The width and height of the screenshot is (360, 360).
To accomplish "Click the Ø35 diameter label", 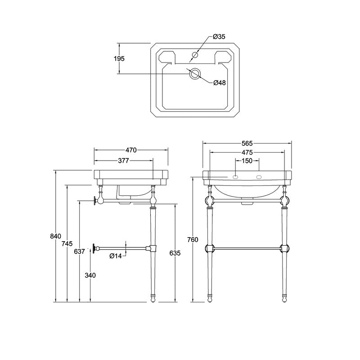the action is coord(219,36).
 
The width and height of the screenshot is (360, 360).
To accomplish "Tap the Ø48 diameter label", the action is coord(220,83).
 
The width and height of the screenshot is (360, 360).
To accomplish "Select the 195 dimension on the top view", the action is coord(119,59).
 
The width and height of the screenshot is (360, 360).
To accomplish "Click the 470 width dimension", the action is coord(131,150).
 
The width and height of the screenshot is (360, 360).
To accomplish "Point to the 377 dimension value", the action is coord(123,161).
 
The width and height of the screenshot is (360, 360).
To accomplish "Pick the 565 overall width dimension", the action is coord(247,144).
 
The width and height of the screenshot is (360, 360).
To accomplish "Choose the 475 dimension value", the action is coord(247,153).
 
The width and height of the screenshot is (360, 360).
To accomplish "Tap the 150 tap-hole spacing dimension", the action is coord(247,161).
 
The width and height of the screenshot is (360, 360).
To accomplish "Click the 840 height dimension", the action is coord(55,236).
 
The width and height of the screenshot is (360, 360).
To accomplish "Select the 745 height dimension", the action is coord(67,243).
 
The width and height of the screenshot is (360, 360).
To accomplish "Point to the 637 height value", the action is coord(80,252).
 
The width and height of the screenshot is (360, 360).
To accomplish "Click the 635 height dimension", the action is coord(175,253).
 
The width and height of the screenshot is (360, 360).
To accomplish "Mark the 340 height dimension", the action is coord(90,275).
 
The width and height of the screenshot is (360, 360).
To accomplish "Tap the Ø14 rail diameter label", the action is coord(116,256).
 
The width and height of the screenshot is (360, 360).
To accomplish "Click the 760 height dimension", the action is coord(193,240).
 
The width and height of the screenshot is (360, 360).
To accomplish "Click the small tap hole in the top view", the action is coord(195,55).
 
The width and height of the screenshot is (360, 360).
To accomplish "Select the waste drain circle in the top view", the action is coord(195,73).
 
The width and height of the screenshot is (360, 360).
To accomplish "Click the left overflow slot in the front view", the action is coord(235,177).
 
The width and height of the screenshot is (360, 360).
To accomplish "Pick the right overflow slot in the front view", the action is coord(259,177).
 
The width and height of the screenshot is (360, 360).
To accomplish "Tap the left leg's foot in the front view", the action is coord(210,298).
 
